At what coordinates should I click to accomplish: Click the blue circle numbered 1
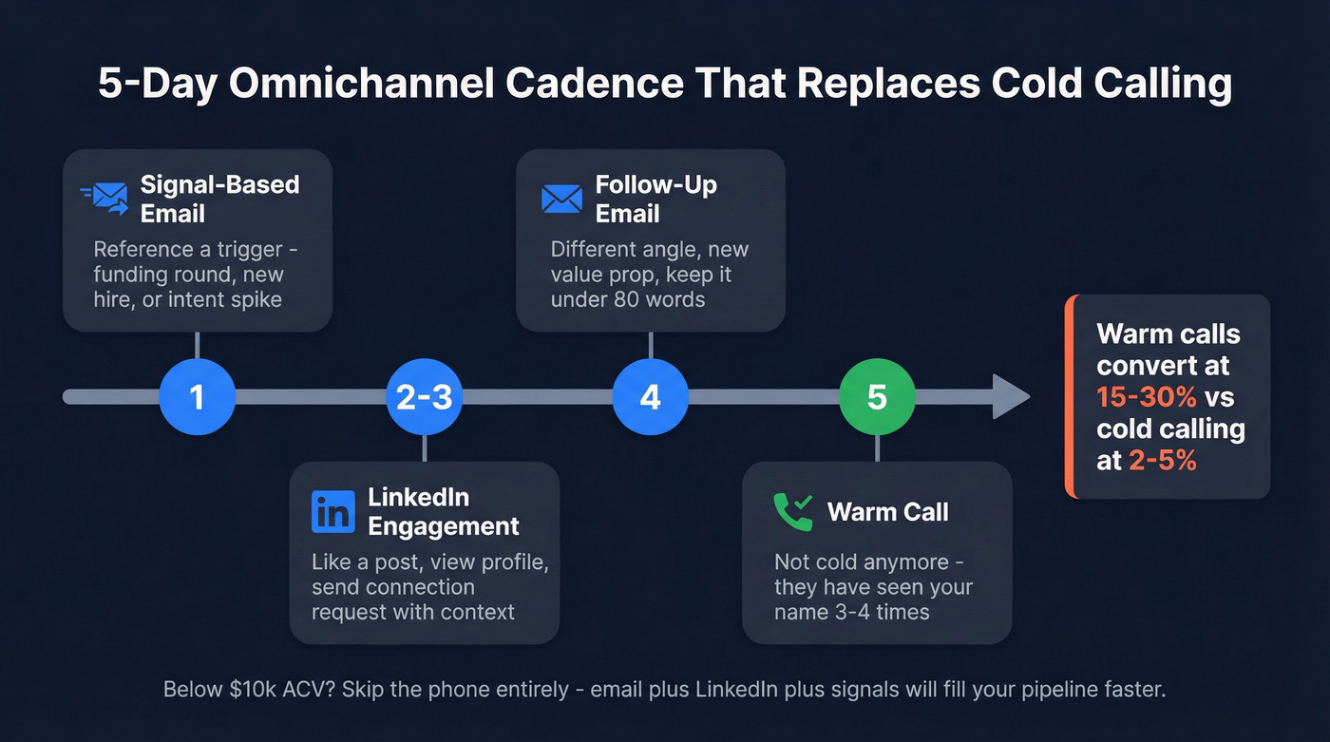click(197, 396)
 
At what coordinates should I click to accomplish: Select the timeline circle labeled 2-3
click(424, 396)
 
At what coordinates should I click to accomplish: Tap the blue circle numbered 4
click(650, 396)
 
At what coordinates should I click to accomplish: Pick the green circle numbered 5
click(877, 396)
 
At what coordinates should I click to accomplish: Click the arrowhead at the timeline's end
click(1011, 396)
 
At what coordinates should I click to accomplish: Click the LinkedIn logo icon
click(332, 511)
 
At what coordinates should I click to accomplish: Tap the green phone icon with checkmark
click(793, 511)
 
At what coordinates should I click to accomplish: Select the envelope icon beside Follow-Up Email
click(561, 199)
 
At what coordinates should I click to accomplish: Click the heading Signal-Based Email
click(219, 199)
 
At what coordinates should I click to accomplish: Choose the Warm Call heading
click(887, 512)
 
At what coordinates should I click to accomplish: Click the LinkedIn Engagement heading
click(443, 511)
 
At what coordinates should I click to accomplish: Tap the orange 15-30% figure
click(1144, 397)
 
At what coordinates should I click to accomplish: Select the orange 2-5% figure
click(1162, 461)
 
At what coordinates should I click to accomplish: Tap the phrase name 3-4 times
click(851, 611)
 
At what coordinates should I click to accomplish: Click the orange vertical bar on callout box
click(1069, 396)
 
